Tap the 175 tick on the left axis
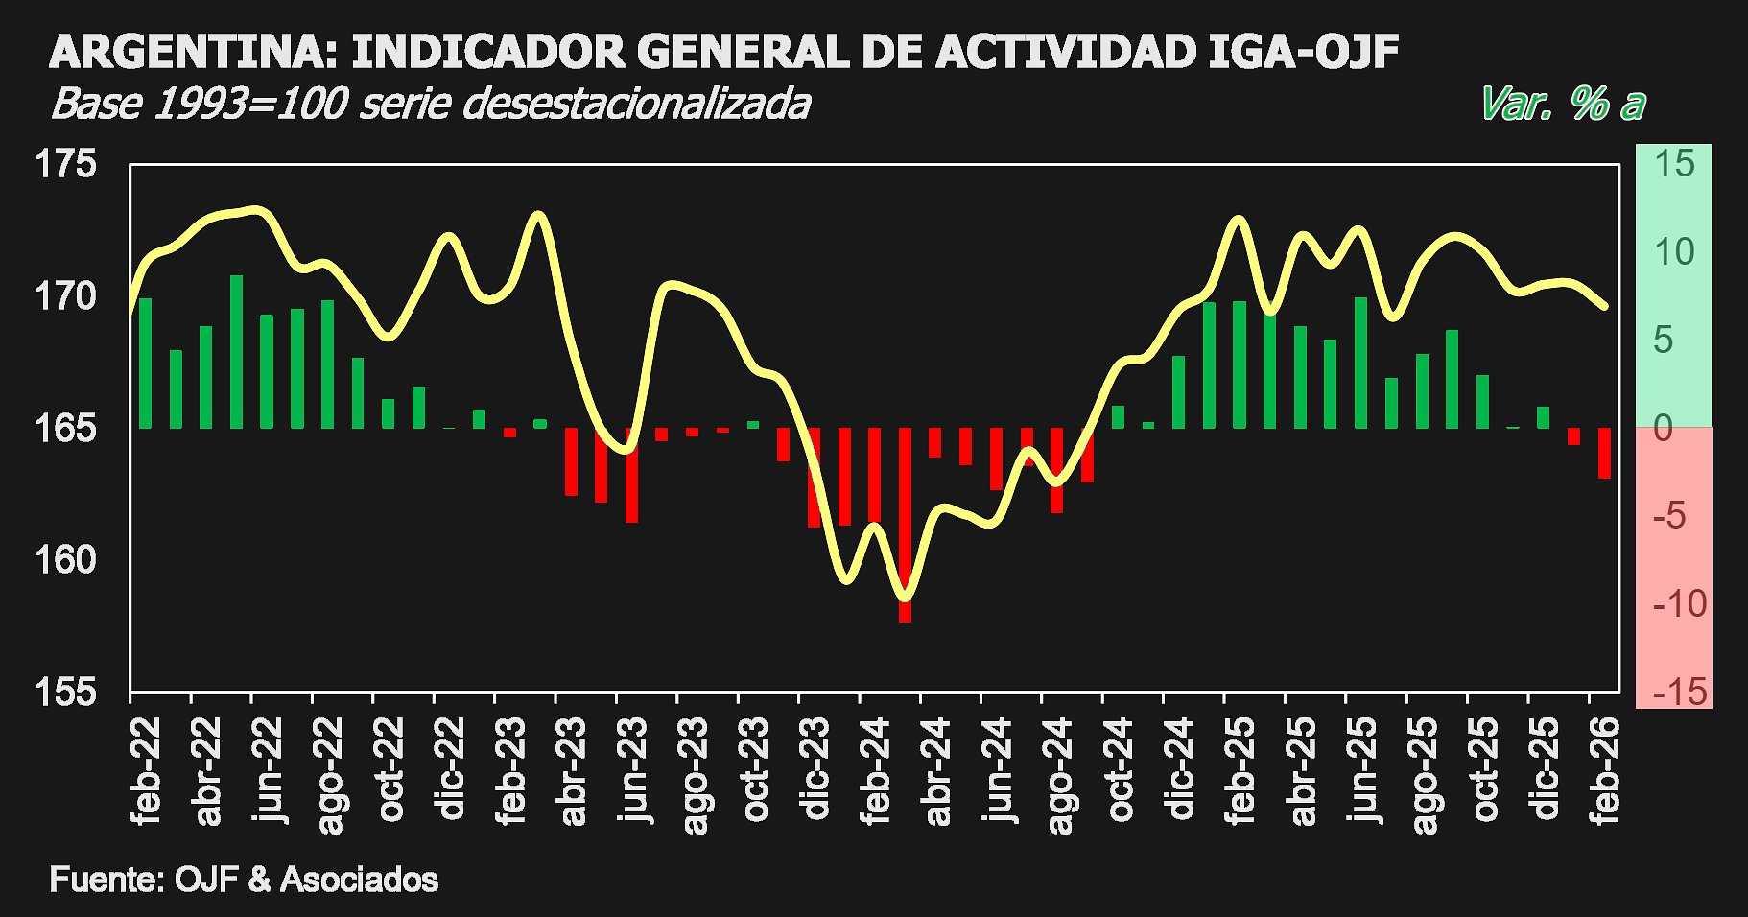(x=66, y=164)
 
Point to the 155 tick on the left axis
(x=66, y=691)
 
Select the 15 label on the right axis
(x=1674, y=164)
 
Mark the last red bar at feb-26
(x=1604, y=453)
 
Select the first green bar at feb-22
(x=146, y=364)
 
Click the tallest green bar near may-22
(x=236, y=352)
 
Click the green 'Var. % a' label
(x=1562, y=104)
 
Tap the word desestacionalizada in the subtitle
(x=636, y=104)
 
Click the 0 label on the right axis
(x=1664, y=428)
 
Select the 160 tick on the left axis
(x=66, y=559)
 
